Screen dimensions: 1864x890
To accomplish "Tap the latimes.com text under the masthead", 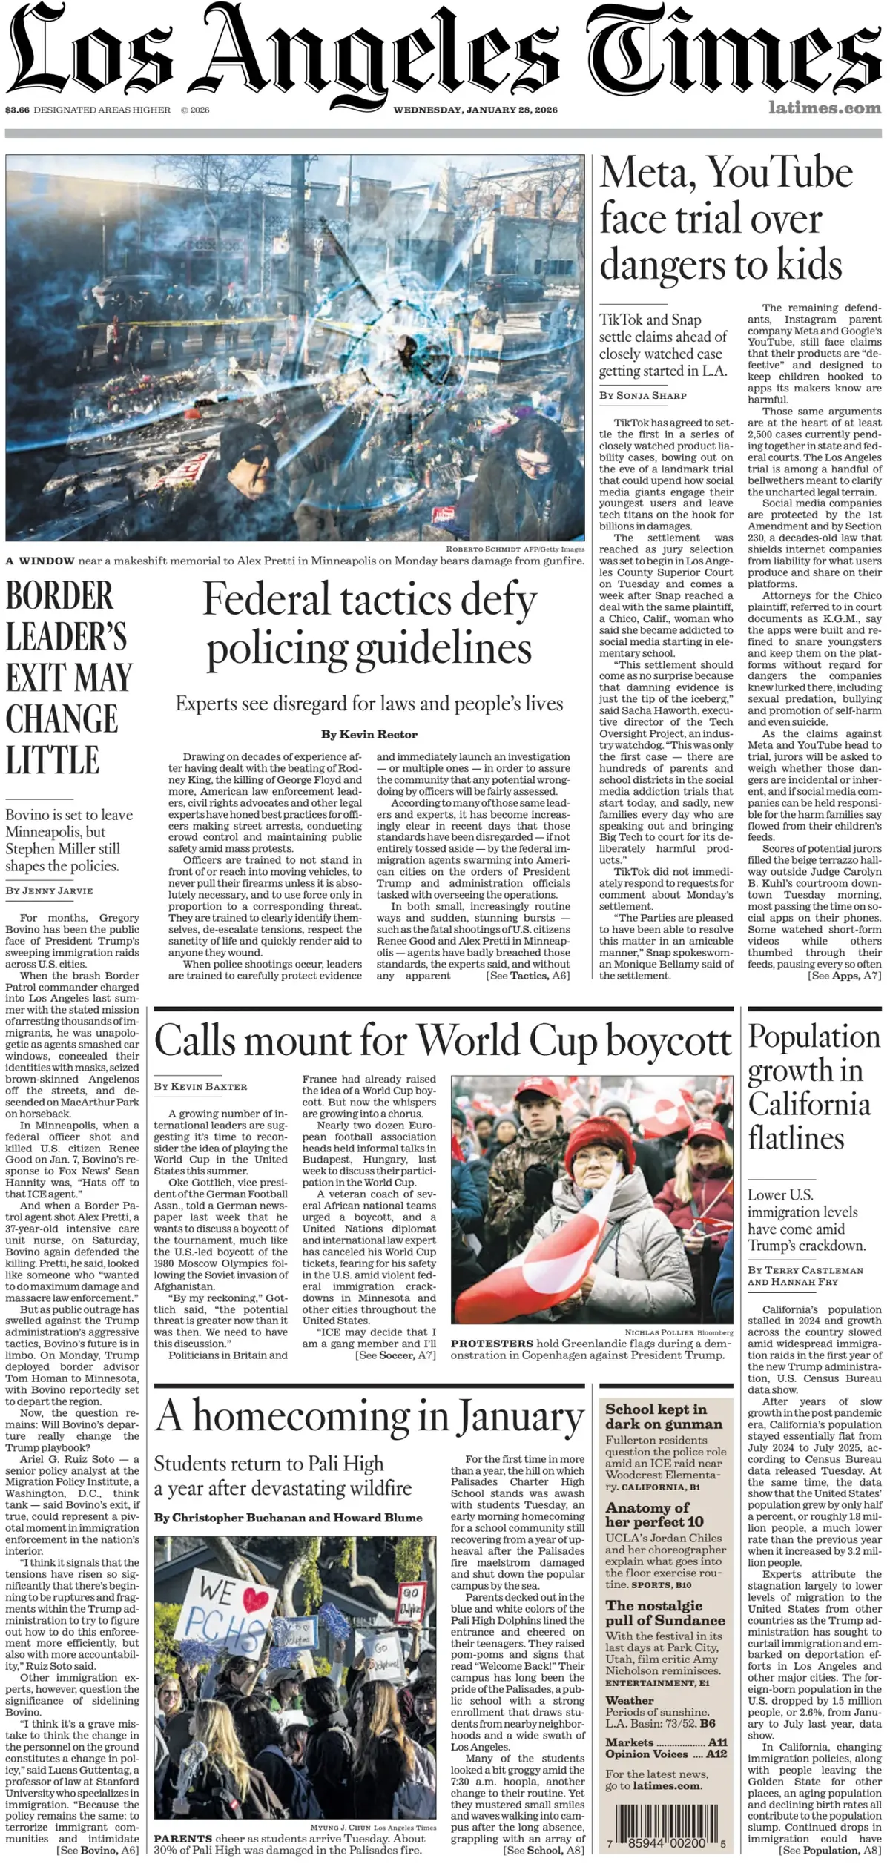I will [825, 108].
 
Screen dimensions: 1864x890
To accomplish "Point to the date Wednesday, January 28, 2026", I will [475, 110].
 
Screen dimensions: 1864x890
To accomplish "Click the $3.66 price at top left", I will [17, 110].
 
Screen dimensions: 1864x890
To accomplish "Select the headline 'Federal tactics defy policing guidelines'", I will [369, 623].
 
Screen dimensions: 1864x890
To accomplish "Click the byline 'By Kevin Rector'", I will [369, 734].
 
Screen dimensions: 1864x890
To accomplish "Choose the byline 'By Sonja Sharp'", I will [643, 395].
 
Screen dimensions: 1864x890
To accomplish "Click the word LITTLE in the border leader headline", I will [52, 761].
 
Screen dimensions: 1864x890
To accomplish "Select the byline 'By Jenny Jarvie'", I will [49, 890].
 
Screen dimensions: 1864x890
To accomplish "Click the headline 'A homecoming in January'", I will [369, 1416].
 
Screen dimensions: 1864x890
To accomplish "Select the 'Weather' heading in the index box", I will [630, 1700].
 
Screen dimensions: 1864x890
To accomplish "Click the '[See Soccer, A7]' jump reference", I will [395, 1355].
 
